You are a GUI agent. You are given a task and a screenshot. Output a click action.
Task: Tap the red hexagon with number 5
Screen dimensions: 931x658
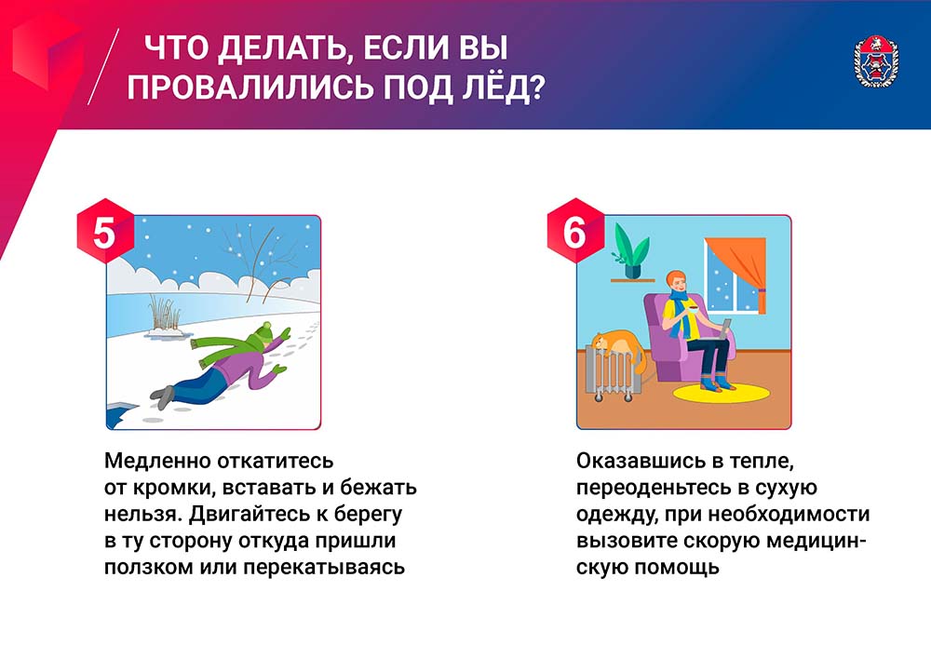105,232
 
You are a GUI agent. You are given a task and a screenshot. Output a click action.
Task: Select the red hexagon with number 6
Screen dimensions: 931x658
575,232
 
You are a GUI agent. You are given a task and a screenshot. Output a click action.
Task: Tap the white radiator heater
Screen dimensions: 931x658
614,374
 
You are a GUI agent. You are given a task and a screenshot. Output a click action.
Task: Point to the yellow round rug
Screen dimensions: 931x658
721,392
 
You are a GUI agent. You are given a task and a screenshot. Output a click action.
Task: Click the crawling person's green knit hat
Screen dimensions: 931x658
262,333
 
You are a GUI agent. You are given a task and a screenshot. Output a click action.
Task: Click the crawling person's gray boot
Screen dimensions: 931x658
163,396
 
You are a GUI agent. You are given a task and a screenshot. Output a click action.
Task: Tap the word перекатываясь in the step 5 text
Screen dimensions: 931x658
324,568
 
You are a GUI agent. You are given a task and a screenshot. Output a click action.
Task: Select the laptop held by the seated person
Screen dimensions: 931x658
723,329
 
